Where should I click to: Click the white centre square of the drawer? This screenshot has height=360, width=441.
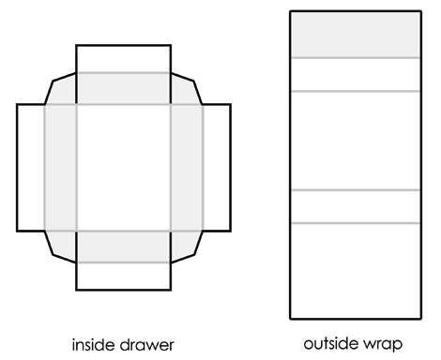click(123, 166)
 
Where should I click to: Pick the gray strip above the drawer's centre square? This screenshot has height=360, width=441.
click(123, 88)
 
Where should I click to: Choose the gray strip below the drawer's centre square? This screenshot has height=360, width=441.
click(123, 246)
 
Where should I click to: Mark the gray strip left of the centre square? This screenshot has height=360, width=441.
click(60, 166)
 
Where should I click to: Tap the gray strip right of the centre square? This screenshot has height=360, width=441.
click(186, 166)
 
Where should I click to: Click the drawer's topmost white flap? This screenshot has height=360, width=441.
click(123, 57)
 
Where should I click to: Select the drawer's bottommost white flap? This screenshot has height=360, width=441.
click(123, 276)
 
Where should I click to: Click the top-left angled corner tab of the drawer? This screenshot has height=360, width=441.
click(62, 88)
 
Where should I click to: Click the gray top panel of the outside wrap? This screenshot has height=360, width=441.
click(354, 34)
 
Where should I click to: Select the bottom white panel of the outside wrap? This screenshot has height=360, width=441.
click(354, 271)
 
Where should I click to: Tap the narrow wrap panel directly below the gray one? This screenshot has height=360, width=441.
click(354, 74)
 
